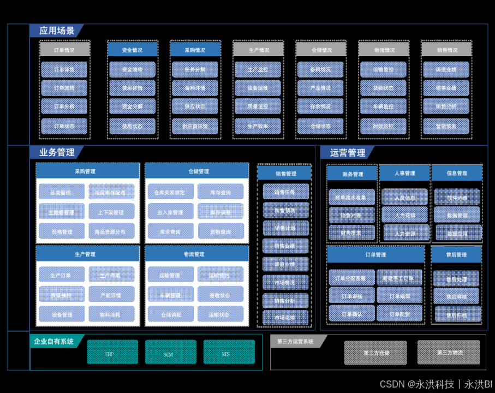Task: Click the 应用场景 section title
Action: pos(57,31)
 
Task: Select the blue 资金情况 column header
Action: pos(132,50)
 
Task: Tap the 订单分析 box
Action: pos(64,106)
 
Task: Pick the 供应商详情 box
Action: pos(195,126)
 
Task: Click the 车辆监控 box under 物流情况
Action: pos(383,106)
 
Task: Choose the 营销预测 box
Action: pos(446,126)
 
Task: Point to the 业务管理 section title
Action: pos(57,153)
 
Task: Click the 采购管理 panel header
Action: pos(87,171)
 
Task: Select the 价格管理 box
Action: pos(62,231)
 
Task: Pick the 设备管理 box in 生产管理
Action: pos(62,314)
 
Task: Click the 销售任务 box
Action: pos(285,192)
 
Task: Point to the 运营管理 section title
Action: pos(348,153)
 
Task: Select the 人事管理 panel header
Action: pos(404,173)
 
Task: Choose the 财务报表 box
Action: pos(351,233)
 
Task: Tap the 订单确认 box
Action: pos(351,314)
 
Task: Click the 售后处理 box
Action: pos(456,278)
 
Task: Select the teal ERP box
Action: pos(112,353)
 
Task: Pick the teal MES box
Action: pos(229,353)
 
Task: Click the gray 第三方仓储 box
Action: pos(375,353)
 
